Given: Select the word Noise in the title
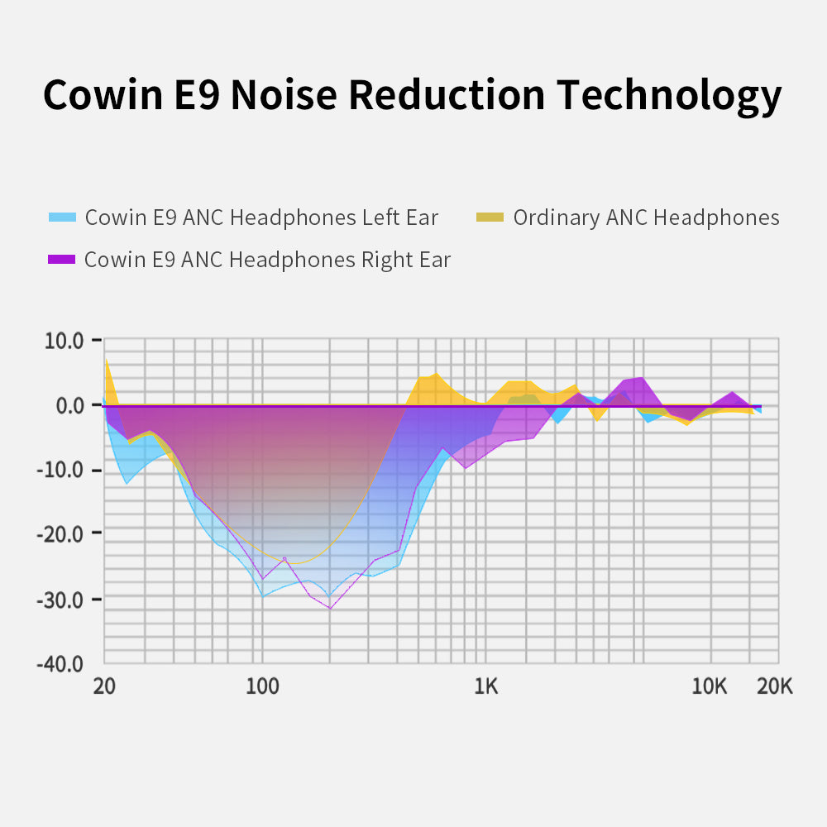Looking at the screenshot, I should click(284, 95).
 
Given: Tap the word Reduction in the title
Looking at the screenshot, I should click(446, 95).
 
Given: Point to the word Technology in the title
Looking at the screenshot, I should click(669, 97).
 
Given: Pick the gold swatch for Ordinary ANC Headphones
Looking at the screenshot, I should click(490, 218).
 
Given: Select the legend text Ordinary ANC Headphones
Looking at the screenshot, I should click(646, 218).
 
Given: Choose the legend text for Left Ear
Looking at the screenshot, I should click(261, 218).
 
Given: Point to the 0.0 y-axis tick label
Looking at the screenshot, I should click(71, 405).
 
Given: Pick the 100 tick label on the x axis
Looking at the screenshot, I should click(261, 686).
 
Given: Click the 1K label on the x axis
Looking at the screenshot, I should click(485, 686).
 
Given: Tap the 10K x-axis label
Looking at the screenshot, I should click(709, 686).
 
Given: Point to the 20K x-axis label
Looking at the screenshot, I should click(774, 686).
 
